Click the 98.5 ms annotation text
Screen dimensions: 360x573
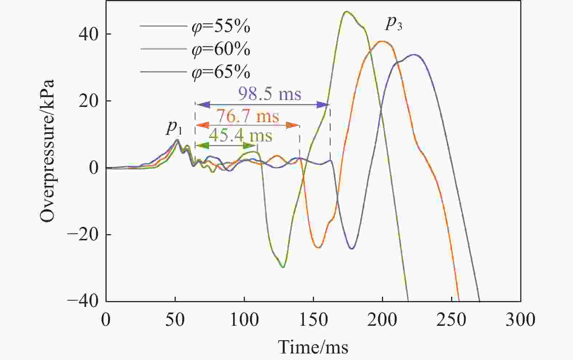pos(270,94)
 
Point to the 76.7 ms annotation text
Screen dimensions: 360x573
pos(248,116)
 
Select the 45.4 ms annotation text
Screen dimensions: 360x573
pos(240,136)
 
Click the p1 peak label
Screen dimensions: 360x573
pos(174,127)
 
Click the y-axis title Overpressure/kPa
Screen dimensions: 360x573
pos(48,151)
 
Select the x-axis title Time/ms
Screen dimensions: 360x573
pos(313,347)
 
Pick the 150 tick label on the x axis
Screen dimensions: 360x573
pos(313,320)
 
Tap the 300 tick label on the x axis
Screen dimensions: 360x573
pos(520,320)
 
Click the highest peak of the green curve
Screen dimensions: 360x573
pos(346,12)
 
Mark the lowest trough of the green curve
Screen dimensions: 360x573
pos(283,267)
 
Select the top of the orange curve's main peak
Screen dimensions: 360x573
pos(382,41)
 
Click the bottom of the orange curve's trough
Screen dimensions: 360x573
pos(318,248)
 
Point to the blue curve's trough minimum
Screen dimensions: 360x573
pos(352,249)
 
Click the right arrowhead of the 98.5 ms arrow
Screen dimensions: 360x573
pos(323,105)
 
